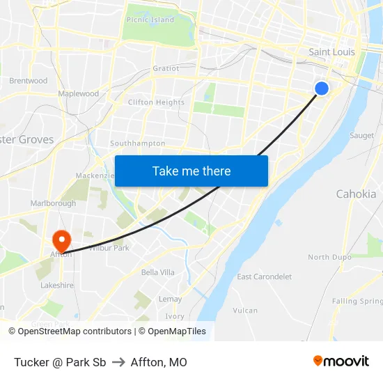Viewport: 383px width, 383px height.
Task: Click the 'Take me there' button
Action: (191, 171)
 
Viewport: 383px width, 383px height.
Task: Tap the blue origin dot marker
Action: (321, 88)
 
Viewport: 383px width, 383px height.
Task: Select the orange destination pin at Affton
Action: (62, 241)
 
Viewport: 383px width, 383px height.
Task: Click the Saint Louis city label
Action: (331, 52)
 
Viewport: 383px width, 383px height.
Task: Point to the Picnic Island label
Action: (150, 20)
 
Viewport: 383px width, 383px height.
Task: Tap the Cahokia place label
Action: (356, 194)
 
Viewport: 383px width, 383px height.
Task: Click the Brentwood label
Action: (29, 81)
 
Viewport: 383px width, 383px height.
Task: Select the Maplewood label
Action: (78, 93)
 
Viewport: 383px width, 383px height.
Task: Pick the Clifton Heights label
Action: (156, 102)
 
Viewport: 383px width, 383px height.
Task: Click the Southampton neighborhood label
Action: (137, 143)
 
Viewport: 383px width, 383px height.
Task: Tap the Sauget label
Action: (361, 136)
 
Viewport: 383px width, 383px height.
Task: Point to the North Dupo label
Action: (328, 257)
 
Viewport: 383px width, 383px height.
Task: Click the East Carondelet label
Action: (264, 276)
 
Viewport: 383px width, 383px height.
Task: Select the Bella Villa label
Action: (157, 272)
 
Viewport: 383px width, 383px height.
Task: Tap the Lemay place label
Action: (171, 299)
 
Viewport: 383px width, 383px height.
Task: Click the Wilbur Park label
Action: (109, 248)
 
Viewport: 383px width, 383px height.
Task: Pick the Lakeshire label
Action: (57, 286)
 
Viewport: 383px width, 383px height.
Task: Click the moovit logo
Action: (341, 361)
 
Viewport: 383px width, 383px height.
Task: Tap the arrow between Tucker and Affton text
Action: (118, 362)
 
